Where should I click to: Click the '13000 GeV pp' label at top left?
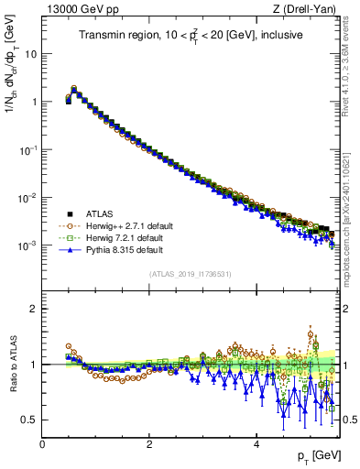[75, 10]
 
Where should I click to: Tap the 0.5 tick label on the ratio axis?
[29, 420]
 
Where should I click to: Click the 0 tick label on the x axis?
[42, 444]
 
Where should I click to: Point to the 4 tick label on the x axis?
[256, 444]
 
